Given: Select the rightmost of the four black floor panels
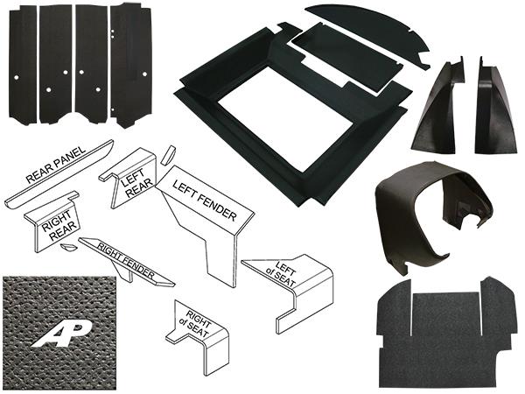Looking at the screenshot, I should [129, 63].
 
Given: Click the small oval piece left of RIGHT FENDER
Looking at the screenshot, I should [66, 248].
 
